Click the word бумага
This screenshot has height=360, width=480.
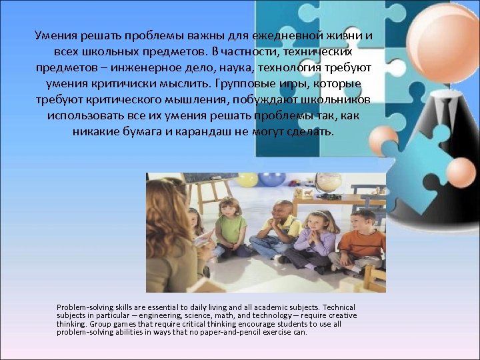(140, 132)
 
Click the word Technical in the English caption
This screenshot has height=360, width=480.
(337, 307)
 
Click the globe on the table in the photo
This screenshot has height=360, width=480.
(328, 182)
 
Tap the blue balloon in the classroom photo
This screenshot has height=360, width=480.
(271, 179)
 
